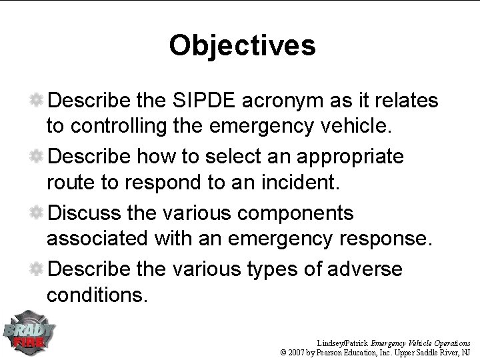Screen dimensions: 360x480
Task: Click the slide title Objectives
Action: point(242,45)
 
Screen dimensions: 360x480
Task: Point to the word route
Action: point(69,180)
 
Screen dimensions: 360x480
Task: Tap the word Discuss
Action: point(89,213)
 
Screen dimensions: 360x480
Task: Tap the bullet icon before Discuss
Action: point(38,213)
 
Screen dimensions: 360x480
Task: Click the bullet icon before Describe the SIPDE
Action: point(38,101)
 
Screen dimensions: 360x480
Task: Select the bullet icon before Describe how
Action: point(38,157)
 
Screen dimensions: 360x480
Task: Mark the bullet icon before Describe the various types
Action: point(38,269)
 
